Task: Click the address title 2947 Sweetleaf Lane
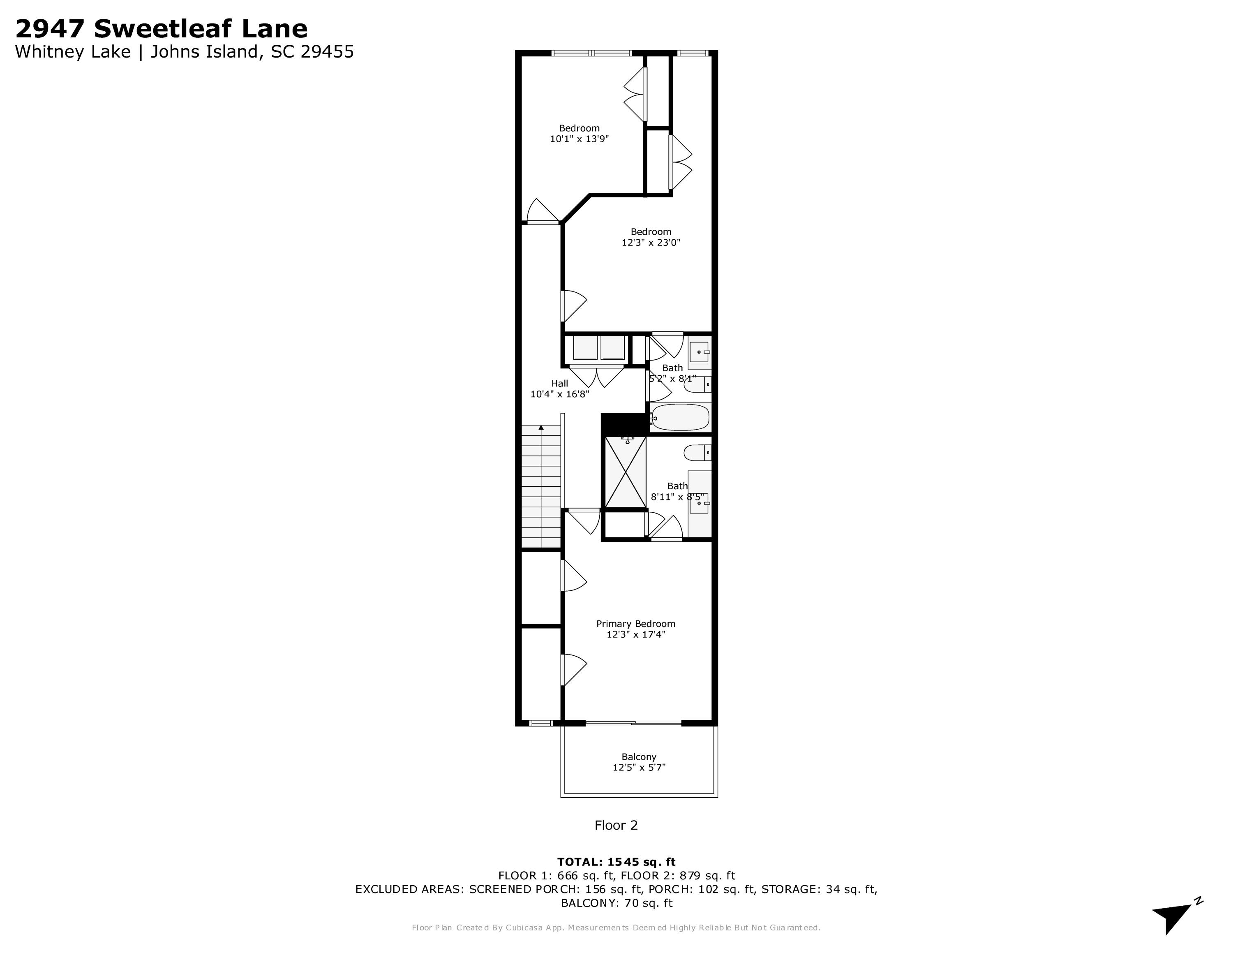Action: click(x=162, y=28)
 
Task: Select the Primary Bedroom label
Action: click(x=636, y=623)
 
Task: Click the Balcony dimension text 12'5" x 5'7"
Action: click(x=639, y=767)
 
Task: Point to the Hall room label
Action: click(x=559, y=383)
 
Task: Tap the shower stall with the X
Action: click(x=626, y=472)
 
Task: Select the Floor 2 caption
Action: click(x=616, y=825)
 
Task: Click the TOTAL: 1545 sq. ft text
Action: click(x=616, y=862)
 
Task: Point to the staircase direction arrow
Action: click(x=541, y=428)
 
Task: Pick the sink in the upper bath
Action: click(x=700, y=352)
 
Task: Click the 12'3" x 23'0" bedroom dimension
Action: click(x=651, y=243)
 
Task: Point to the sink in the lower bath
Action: click(x=699, y=502)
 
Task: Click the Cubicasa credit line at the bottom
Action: click(x=616, y=928)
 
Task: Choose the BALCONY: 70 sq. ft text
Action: click(x=616, y=903)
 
